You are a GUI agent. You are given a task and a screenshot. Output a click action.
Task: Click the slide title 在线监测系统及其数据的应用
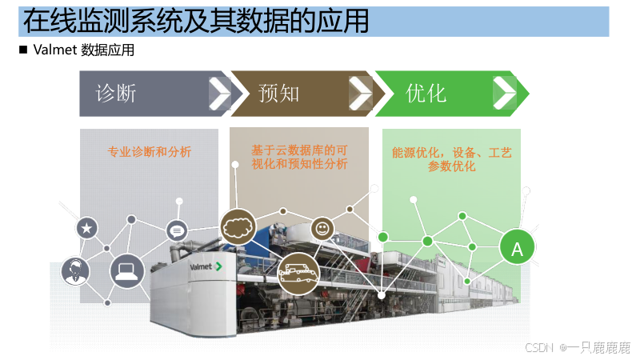pyautogui.click(x=196, y=22)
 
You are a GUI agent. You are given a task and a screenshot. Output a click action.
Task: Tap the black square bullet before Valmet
pyautogui.click(x=22, y=50)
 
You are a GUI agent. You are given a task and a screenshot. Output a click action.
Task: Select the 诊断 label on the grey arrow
pyautogui.click(x=117, y=94)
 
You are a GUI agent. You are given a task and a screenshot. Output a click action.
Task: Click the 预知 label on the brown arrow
pyautogui.click(x=279, y=94)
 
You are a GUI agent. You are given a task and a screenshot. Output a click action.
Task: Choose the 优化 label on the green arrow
pyautogui.click(x=426, y=94)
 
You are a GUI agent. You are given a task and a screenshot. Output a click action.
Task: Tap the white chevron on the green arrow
pyautogui.click(x=504, y=94)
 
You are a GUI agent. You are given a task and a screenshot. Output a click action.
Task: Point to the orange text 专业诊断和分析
pyautogui.click(x=150, y=150)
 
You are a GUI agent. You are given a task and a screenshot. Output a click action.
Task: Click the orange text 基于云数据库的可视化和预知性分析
pyautogui.click(x=299, y=157)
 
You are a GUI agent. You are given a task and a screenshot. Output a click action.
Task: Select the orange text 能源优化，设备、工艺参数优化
pyautogui.click(x=451, y=159)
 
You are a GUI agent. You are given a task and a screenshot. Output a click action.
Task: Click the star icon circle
pyautogui.click(x=87, y=228)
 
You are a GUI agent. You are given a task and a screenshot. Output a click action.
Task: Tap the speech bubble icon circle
pyautogui.click(x=177, y=231)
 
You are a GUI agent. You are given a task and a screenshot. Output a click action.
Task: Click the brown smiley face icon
pyautogui.click(x=322, y=228)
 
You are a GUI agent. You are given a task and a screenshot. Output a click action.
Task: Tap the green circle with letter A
pyautogui.click(x=517, y=250)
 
